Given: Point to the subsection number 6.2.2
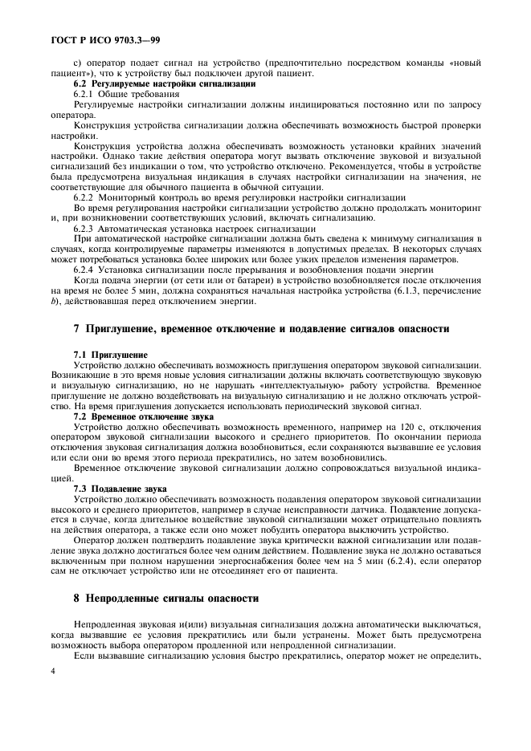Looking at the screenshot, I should pyautogui.click(x=84, y=197).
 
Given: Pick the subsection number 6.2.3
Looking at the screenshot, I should pyautogui.click(x=84, y=229).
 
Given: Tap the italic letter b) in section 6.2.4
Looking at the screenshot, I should pyautogui.click(x=54, y=302).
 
